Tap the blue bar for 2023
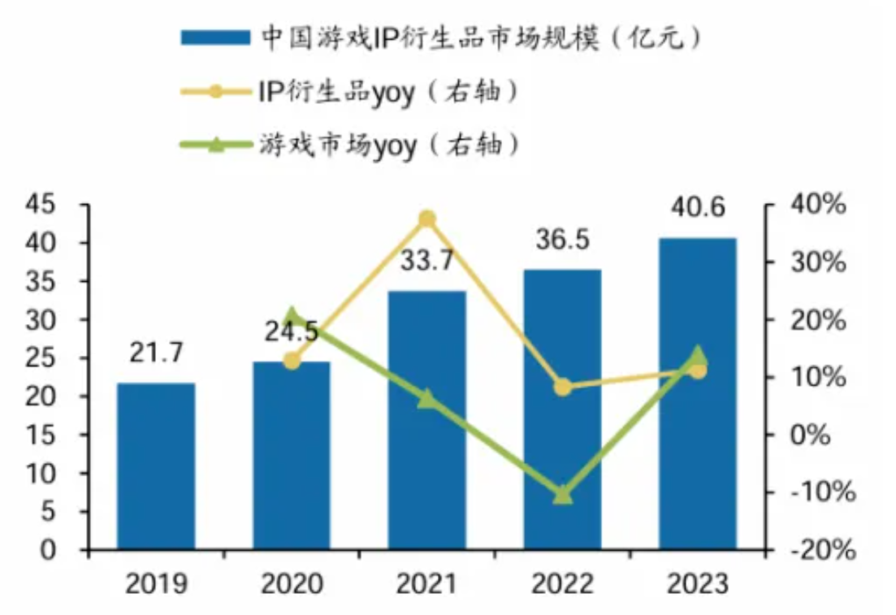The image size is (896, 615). click(x=697, y=393)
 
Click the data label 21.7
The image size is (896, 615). click(x=156, y=353)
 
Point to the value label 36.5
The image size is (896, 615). click(x=562, y=241)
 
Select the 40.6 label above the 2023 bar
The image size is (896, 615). click(x=697, y=209)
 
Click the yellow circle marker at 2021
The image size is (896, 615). click(x=427, y=219)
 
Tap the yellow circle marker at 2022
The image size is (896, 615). click(x=562, y=388)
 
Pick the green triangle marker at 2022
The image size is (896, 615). click(x=562, y=494)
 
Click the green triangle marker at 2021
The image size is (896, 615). click(x=427, y=398)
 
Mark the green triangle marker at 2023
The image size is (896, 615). click(x=697, y=355)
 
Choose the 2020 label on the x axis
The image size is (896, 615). click(x=292, y=583)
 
